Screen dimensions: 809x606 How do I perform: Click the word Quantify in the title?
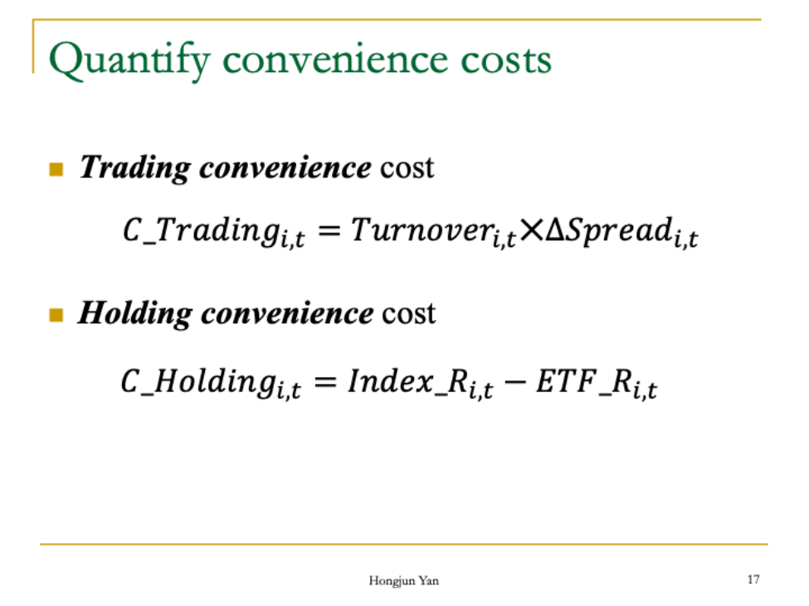pos(129,60)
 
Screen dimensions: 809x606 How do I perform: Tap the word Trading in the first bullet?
pos(134,168)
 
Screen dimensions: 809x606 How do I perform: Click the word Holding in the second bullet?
pos(134,313)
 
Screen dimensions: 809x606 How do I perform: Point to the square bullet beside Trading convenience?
pos(56,170)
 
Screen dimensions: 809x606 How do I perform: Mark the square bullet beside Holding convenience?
pos(56,315)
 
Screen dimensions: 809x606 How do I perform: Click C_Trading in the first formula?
pos(213,231)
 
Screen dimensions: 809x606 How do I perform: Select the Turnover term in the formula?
pos(433,231)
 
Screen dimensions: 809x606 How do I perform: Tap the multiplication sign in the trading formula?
pos(531,230)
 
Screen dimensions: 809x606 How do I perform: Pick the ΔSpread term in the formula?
pos(621,231)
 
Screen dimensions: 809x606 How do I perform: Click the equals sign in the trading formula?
pos(329,230)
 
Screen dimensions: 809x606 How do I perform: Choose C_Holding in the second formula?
pos(211,383)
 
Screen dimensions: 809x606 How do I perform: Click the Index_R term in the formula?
pos(421,383)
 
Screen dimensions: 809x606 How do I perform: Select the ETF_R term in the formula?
pos(597,383)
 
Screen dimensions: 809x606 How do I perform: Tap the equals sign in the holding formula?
pos(325,382)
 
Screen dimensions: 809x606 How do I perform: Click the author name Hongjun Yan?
pos(404,581)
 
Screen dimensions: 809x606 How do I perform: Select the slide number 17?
pos(753,579)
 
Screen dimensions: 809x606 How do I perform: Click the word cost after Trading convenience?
pos(407,168)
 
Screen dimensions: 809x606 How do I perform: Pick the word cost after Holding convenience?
pos(408,314)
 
